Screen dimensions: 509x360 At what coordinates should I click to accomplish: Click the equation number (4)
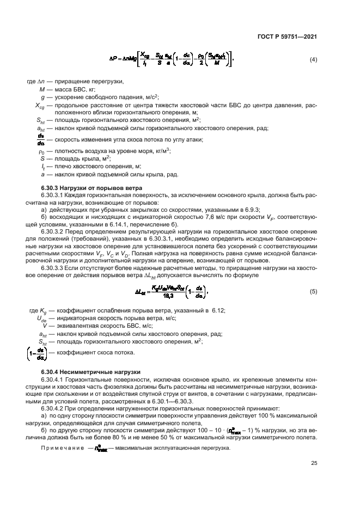313,59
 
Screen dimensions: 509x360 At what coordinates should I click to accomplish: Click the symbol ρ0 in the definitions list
41,151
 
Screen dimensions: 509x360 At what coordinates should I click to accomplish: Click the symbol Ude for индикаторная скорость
41,318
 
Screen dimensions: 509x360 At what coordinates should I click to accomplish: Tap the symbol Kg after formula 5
41,310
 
